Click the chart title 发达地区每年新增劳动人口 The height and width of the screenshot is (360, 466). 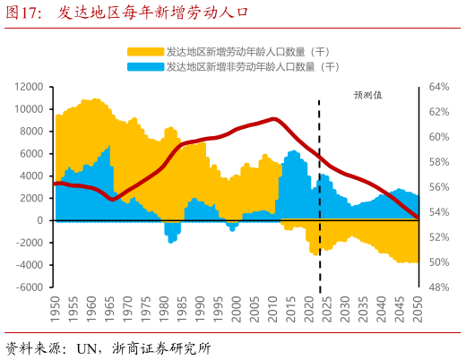(x=152, y=13)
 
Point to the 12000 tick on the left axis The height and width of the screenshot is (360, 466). (x=30, y=87)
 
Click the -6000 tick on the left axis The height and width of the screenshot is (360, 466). (x=30, y=287)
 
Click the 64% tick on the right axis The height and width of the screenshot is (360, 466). (x=438, y=87)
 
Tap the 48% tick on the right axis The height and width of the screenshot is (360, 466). (x=438, y=287)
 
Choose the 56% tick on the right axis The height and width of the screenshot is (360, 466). (x=438, y=187)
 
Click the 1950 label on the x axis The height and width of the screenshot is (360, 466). (x=55, y=310)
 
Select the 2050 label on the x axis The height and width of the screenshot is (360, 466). (x=419, y=310)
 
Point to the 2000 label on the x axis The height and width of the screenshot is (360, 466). (x=237, y=310)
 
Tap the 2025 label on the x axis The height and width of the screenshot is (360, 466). (x=328, y=310)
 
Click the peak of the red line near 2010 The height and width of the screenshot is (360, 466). (x=274, y=118)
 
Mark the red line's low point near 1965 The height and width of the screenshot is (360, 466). (x=111, y=200)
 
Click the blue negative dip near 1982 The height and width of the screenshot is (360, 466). (x=171, y=236)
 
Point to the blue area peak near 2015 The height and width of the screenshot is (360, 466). (x=292, y=151)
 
